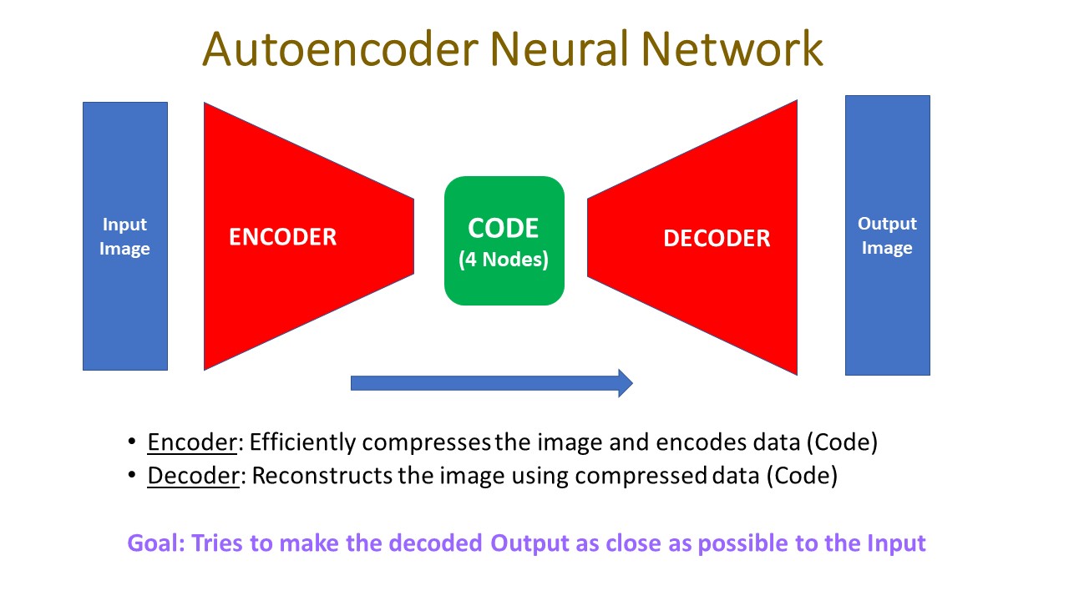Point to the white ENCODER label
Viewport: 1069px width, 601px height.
[282, 237]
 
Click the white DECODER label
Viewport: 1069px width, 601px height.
[717, 239]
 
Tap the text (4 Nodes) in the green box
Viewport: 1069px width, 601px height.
[504, 260]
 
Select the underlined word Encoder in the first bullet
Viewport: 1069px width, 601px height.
[192, 442]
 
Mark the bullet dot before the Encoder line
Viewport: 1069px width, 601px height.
[131, 442]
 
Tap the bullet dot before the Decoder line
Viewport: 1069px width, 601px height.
[131, 476]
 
